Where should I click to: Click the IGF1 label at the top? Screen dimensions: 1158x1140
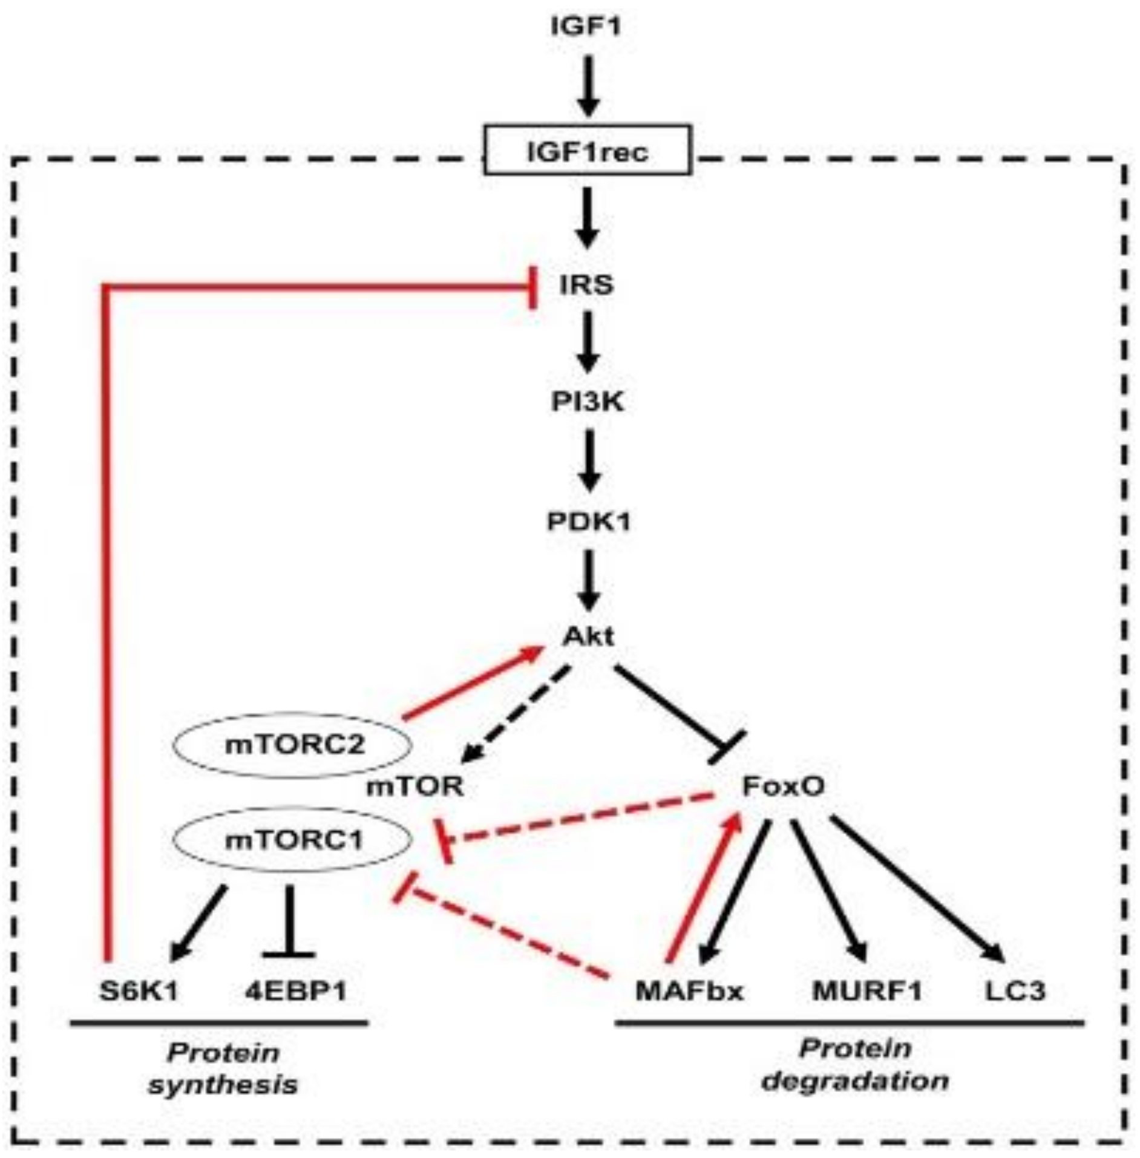coord(586,27)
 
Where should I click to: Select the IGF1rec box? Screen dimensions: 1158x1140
coord(587,150)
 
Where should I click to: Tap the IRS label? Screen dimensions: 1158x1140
coord(586,284)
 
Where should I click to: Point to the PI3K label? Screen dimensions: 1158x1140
coord(587,401)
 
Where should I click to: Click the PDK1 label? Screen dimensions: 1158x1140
coord(588,521)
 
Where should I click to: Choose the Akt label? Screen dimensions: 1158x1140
coord(588,636)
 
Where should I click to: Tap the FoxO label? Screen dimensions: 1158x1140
coord(782,787)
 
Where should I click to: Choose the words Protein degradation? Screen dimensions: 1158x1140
coord(854,1065)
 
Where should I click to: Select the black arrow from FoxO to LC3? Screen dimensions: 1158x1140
coord(917,888)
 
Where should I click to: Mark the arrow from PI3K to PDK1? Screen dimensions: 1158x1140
coord(588,460)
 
